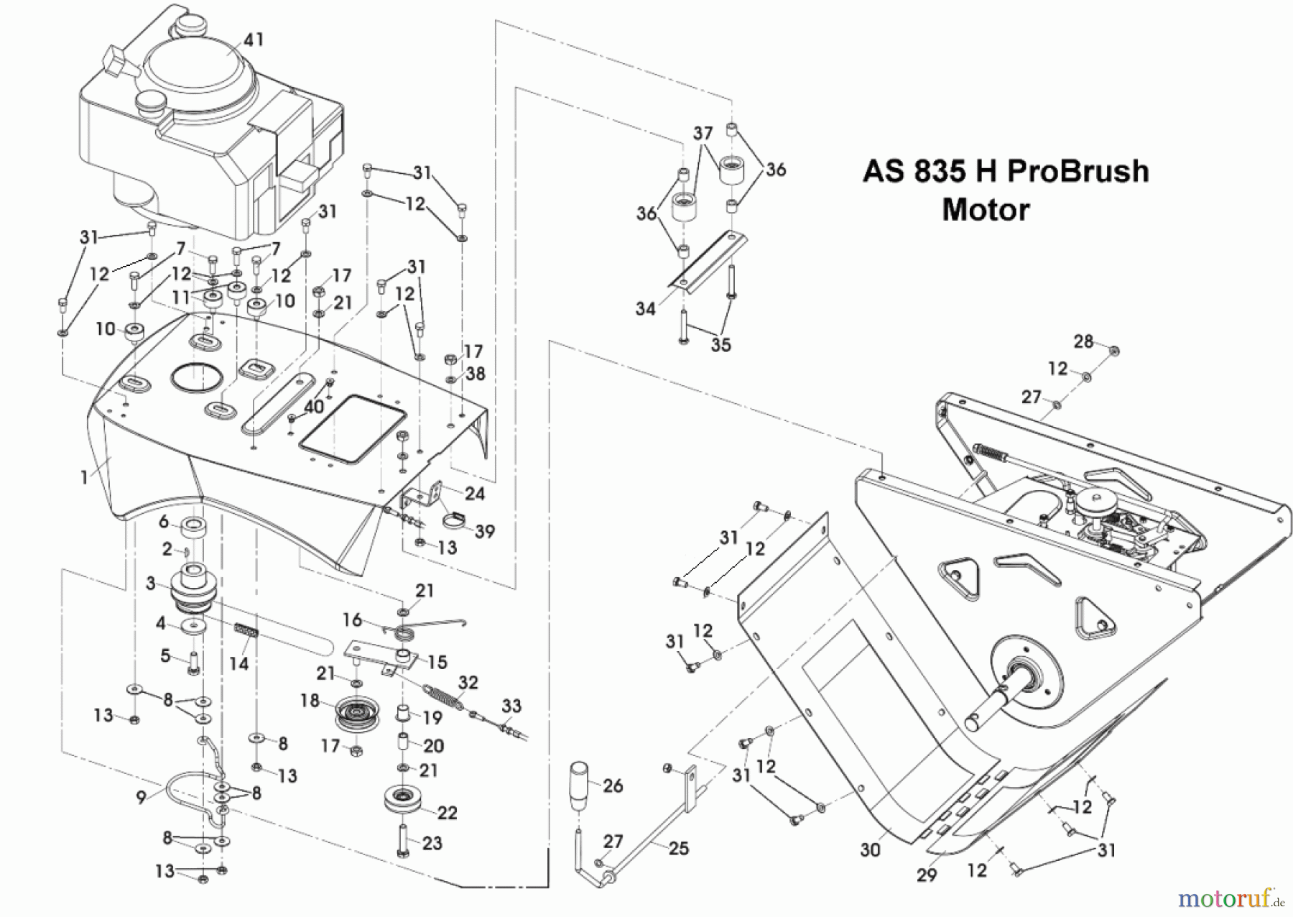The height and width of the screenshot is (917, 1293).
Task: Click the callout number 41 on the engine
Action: pos(253,39)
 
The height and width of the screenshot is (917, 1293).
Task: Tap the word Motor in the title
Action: pos(986,210)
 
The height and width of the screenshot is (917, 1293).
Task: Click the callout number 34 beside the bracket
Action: pos(645,308)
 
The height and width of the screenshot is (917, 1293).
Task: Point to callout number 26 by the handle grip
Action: pos(613,785)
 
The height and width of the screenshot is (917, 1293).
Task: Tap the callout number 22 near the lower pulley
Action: pos(447,813)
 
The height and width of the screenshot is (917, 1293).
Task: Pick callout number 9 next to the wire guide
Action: pos(142,797)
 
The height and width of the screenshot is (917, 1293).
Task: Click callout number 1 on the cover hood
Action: pos(84,478)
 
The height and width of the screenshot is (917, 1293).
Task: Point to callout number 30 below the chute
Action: pos(870,850)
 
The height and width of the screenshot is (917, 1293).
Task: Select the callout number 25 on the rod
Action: pos(678,849)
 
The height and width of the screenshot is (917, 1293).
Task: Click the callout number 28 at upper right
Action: pos(1083,341)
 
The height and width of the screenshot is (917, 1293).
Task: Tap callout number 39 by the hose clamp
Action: pos(485,531)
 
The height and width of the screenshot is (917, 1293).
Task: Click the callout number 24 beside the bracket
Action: pos(475,494)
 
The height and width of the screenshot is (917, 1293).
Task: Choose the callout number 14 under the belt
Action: pos(238,663)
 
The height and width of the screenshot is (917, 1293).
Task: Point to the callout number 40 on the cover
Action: pos(314,407)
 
